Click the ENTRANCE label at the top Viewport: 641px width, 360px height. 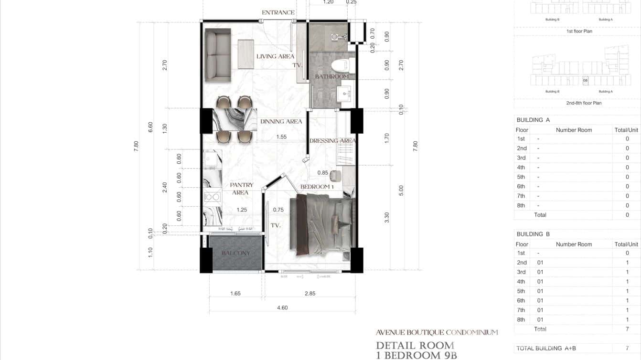[x=278, y=12]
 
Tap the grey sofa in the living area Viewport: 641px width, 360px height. [x=218, y=55]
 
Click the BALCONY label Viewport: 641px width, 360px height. [x=235, y=253]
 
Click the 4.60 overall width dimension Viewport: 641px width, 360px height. [x=282, y=308]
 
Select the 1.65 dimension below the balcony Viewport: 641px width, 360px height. [x=235, y=294]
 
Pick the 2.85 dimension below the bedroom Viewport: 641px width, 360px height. [x=310, y=294]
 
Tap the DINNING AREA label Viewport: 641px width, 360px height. [x=281, y=122]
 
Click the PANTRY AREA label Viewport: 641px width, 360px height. [x=241, y=189]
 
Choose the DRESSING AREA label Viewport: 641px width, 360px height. [x=332, y=141]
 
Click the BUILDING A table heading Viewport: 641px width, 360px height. [x=533, y=120]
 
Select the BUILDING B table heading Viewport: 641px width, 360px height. [x=533, y=234]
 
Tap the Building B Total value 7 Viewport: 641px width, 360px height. [x=627, y=329]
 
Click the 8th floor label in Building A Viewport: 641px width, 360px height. [x=521, y=205]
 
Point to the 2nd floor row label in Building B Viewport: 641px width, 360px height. [x=522, y=263]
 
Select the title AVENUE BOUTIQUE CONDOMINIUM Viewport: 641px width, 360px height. [x=437, y=332]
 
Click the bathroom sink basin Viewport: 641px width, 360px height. [x=345, y=93]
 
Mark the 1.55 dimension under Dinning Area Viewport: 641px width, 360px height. [x=281, y=137]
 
